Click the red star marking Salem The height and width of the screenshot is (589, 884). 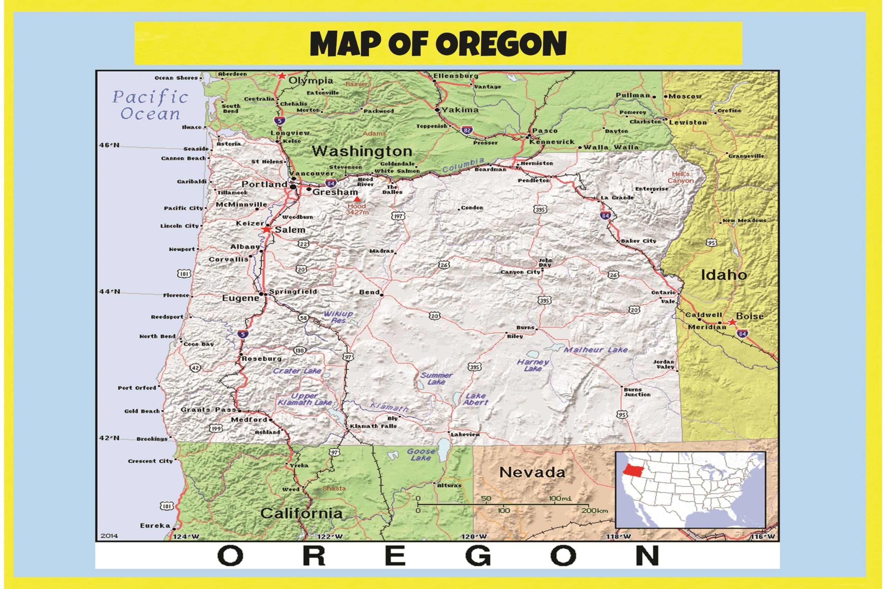click(x=267, y=229)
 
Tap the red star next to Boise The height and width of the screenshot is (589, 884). click(x=732, y=322)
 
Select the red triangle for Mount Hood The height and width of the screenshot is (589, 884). click(x=357, y=199)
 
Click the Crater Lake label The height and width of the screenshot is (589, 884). click(x=297, y=371)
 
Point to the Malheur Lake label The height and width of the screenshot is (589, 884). click(x=595, y=350)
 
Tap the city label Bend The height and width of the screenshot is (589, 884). click(x=369, y=292)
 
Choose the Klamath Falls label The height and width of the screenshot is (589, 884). click(x=373, y=426)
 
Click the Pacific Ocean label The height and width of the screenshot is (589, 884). click(x=150, y=106)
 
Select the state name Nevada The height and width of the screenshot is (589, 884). click(x=532, y=473)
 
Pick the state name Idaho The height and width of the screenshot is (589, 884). click(x=723, y=275)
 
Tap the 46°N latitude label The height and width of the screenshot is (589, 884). click(x=109, y=145)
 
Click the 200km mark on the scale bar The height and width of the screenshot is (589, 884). click(x=594, y=510)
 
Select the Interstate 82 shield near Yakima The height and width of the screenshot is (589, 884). click(x=467, y=130)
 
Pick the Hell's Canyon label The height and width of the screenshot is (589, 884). click(x=680, y=177)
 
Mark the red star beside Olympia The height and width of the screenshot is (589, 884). click(x=281, y=76)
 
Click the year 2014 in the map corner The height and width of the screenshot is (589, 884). click(x=109, y=536)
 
